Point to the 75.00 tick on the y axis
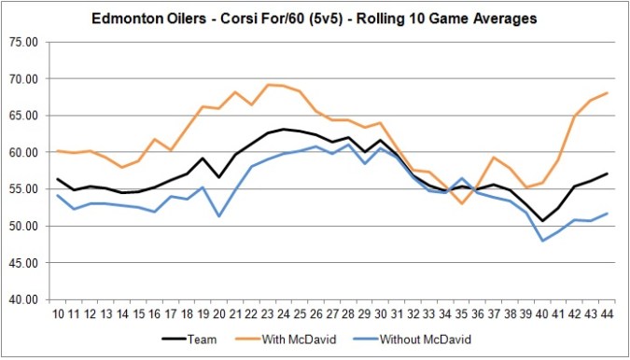coord(25,42)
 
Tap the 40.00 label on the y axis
coord(25,299)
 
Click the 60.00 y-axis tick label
coord(25,152)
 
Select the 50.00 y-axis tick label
coord(25,226)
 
